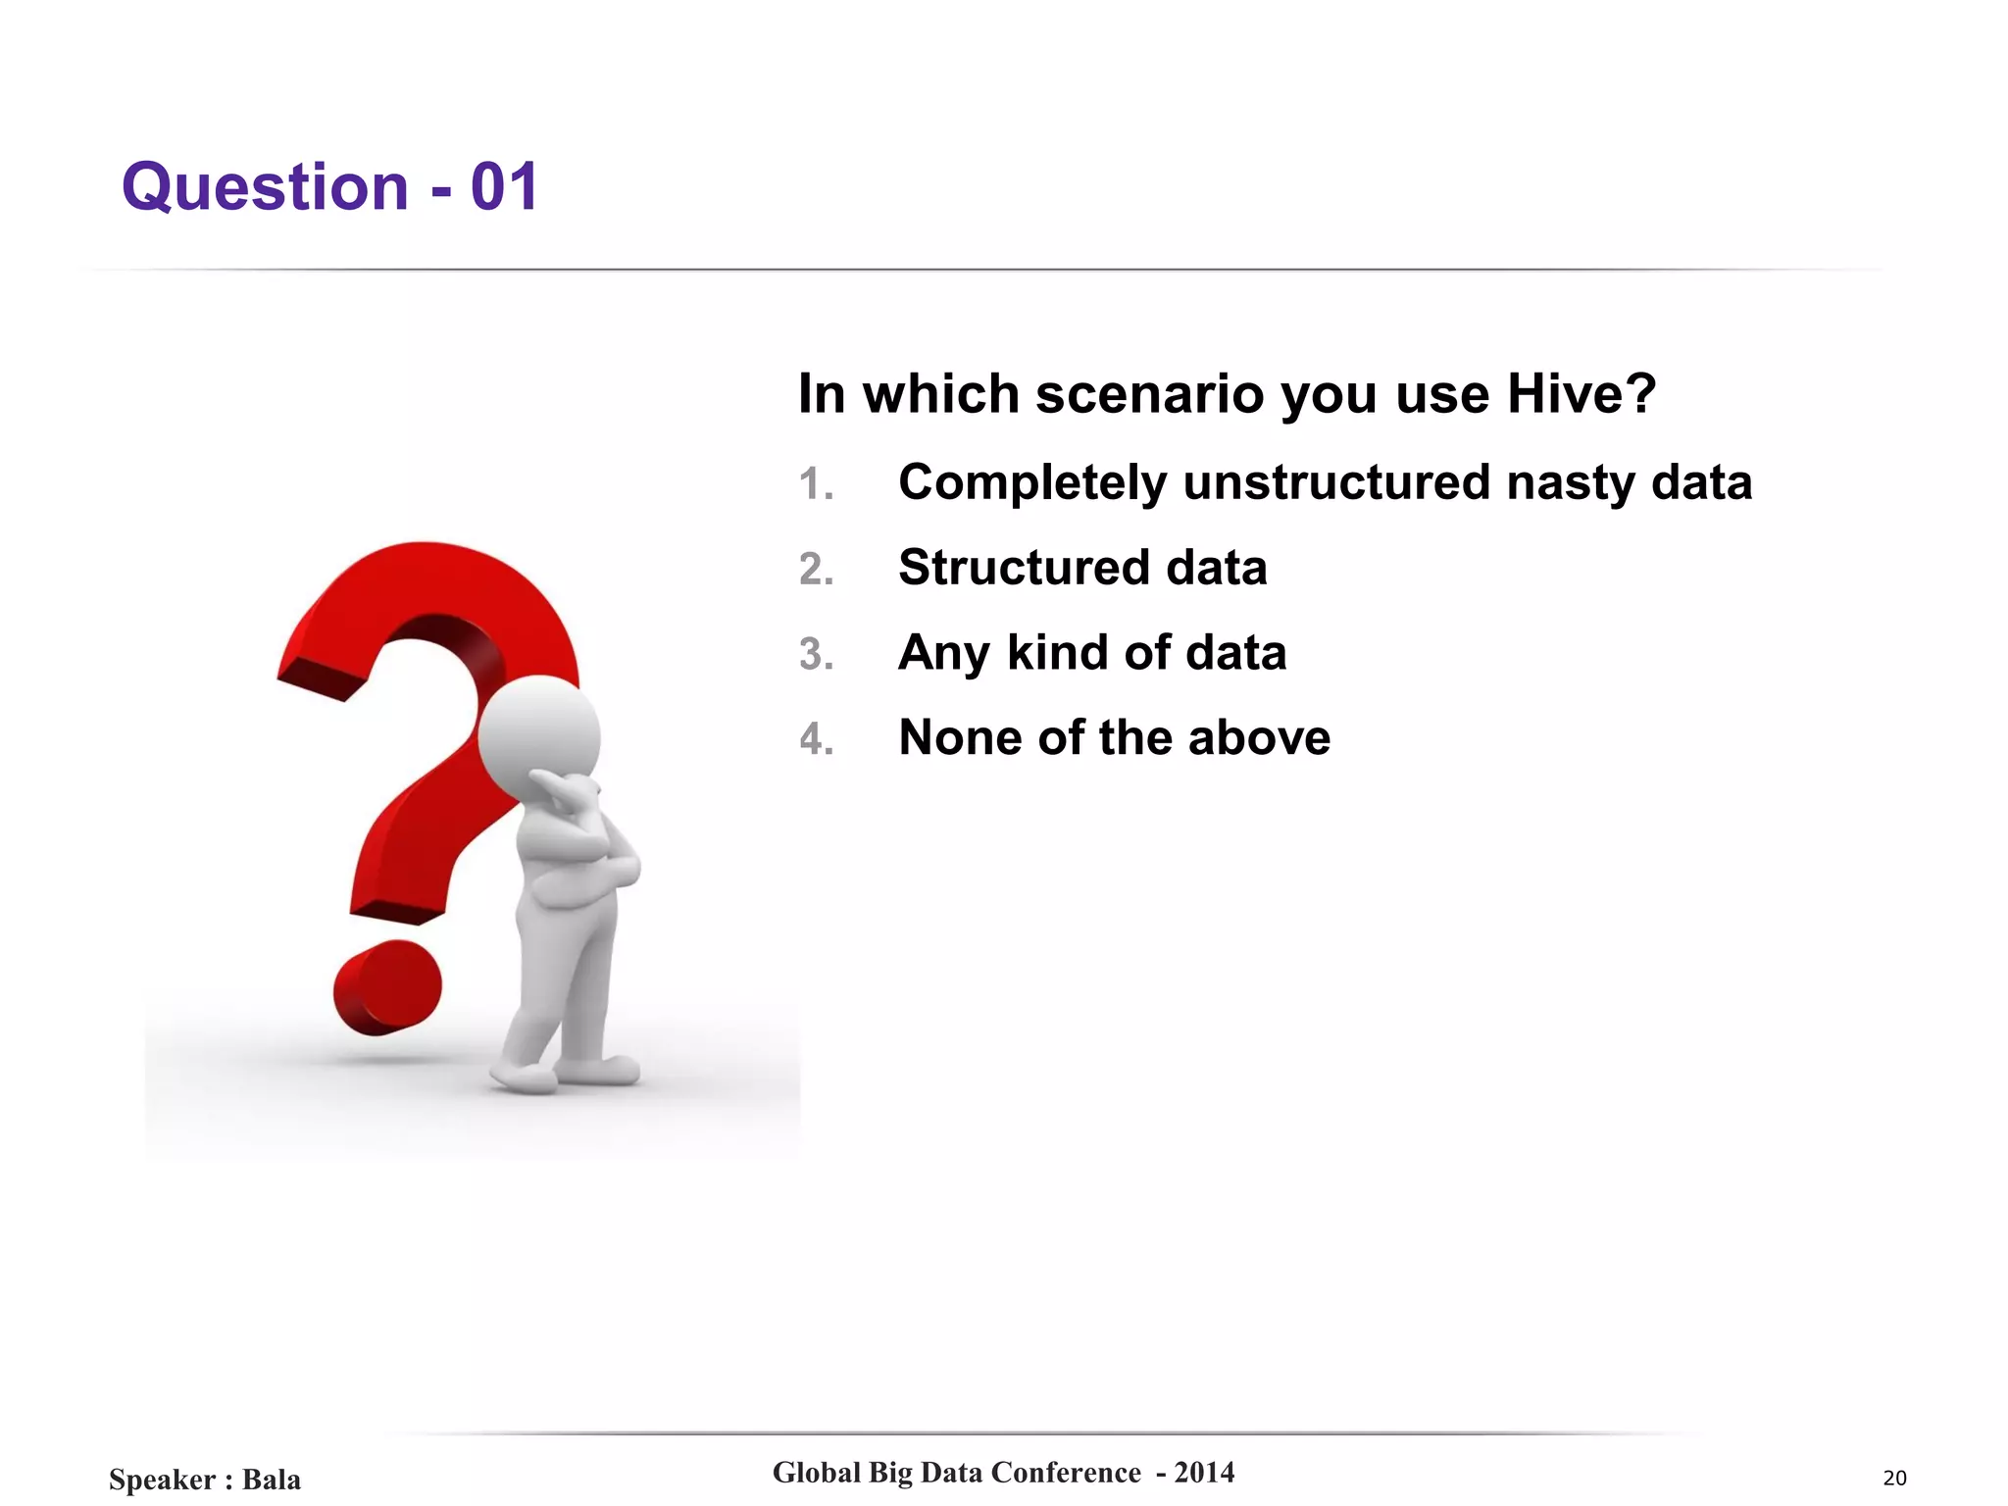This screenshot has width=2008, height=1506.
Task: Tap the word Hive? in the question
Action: pos(1581,394)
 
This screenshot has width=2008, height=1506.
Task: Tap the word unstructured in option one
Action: pos(1336,482)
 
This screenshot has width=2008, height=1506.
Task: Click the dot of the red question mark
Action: pos(386,988)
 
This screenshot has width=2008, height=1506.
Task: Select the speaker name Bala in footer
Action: pos(272,1480)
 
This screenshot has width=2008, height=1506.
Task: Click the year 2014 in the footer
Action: pos(1204,1473)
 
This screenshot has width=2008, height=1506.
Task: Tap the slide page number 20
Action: pos(1894,1479)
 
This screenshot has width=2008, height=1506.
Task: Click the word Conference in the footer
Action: pos(1066,1473)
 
